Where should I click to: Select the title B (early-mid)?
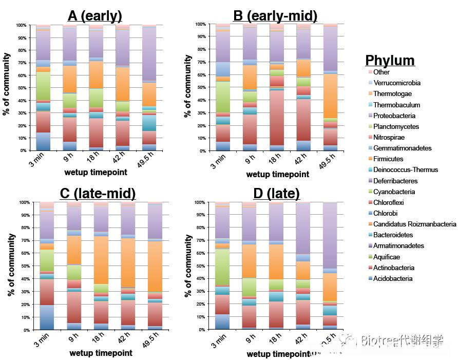(275, 16)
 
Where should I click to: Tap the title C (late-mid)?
(98, 193)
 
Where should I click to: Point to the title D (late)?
(276, 194)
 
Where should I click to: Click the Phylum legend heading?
(390, 60)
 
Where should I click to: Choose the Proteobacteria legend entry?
(396, 116)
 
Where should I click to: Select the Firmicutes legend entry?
(388, 159)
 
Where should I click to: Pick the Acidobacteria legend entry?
(393, 278)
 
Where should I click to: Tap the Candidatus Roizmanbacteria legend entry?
(414, 224)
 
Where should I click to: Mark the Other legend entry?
(381, 72)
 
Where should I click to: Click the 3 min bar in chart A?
(43, 88)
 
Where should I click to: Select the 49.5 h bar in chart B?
(330, 87)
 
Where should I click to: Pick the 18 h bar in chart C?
(101, 266)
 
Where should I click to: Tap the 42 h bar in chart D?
(303, 266)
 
